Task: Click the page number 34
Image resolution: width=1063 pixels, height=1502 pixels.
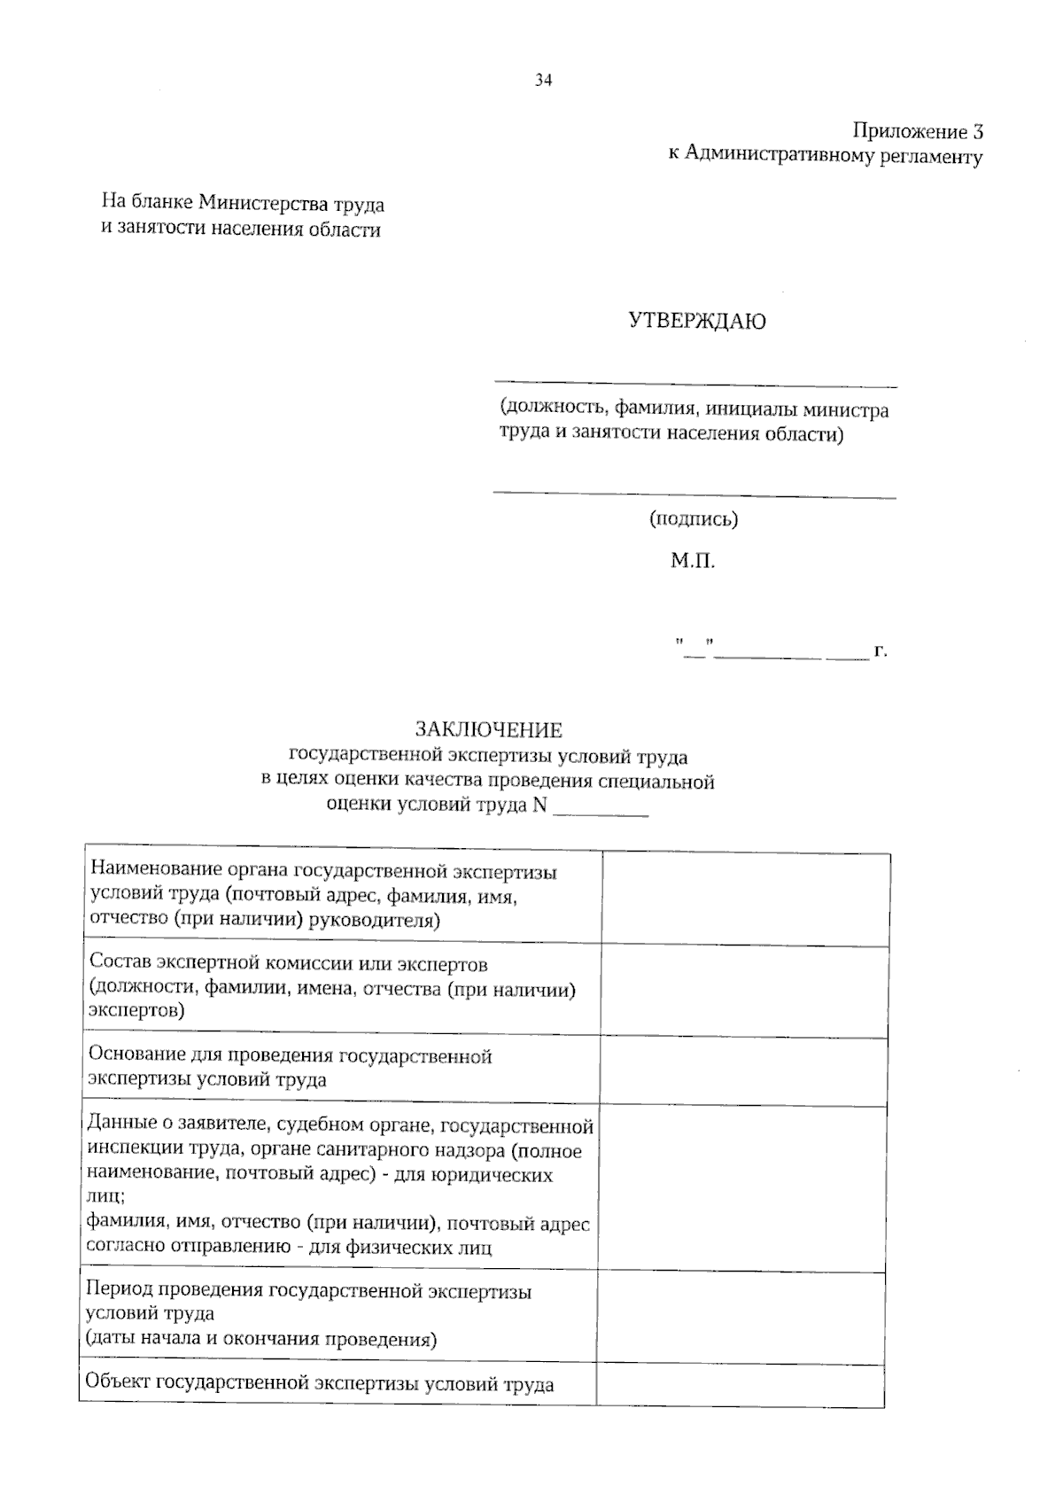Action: (x=543, y=81)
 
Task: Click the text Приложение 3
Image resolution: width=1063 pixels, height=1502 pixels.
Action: (x=917, y=132)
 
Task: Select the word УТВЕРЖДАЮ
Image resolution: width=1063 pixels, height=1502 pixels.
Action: (x=697, y=321)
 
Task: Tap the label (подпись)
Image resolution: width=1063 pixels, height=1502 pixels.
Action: (x=694, y=519)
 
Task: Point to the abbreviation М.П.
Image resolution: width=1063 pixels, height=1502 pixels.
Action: (x=692, y=561)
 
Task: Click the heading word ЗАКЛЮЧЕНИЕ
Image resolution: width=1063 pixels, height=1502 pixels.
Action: (x=489, y=730)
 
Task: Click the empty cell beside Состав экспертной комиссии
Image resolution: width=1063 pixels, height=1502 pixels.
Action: (x=744, y=991)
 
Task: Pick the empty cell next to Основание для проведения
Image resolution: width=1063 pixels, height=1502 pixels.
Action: (x=744, y=1070)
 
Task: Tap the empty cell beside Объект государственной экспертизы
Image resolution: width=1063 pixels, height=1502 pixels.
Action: (x=741, y=1384)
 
